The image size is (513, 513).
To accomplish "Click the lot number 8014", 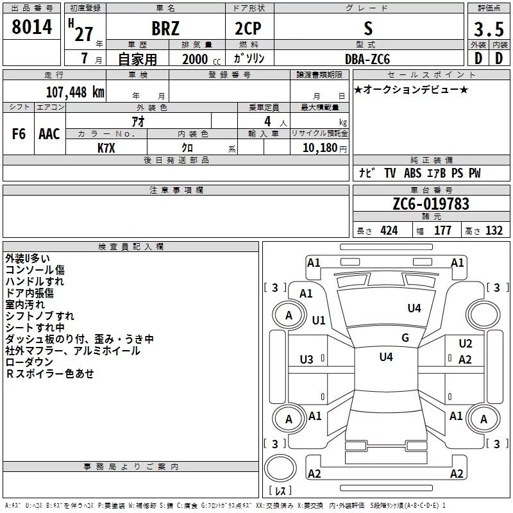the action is click(32, 27).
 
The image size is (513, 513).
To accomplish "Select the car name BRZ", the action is click(165, 29).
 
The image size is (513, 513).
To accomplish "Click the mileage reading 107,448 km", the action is click(74, 92).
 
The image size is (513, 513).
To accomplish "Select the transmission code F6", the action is click(19, 134).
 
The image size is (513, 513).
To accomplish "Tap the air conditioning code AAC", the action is click(49, 134).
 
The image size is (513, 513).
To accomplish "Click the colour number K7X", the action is click(106, 147).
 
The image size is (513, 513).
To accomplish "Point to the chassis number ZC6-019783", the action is click(431, 204).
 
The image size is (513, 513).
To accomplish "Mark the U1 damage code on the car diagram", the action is click(319, 320).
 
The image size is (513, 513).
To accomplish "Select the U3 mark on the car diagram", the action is click(307, 359).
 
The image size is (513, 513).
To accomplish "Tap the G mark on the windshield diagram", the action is click(405, 337).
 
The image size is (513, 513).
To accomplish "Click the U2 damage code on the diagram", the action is click(465, 344).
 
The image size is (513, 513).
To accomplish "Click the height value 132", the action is click(494, 231).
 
